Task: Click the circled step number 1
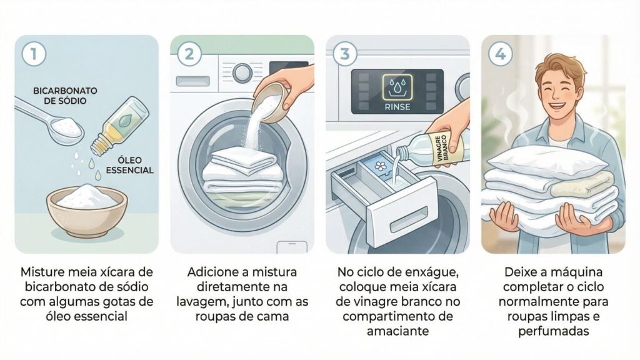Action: click(x=34, y=54)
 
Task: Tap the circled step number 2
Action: click(x=189, y=54)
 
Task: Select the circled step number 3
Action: click(x=344, y=54)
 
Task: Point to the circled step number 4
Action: click(x=501, y=54)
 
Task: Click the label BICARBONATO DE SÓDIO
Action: click(x=65, y=96)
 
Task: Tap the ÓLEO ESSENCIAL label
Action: click(x=129, y=165)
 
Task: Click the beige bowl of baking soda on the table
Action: click(x=87, y=211)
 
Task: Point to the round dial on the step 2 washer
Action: click(x=242, y=73)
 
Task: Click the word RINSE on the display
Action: click(x=397, y=107)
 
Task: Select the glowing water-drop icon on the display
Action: click(x=397, y=87)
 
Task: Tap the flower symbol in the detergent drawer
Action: click(x=381, y=166)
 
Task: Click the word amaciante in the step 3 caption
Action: click(x=397, y=331)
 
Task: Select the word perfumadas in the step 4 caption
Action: click(x=553, y=331)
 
